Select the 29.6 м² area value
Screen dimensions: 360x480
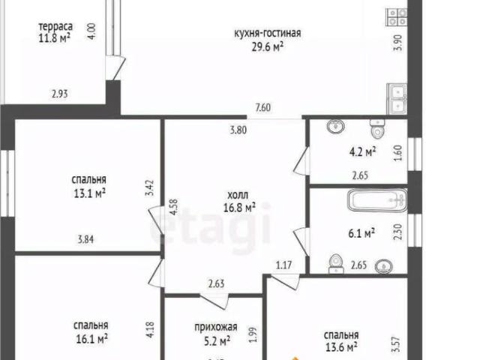[267, 46]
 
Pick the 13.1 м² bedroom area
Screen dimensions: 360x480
[88, 193]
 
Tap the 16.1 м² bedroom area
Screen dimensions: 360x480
[91, 338]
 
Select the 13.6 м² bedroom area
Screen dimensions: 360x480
[340, 347]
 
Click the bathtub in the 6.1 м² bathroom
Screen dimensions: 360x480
[376, 201]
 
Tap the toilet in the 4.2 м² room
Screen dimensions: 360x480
[378, 130]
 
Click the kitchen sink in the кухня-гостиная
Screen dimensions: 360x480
[396, 97]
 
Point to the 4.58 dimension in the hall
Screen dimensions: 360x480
[173, 207]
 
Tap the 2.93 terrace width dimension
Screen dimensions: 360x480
[61, 94]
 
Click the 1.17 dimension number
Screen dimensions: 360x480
[283, 264]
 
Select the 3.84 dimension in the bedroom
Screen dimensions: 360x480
[88, 240]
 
